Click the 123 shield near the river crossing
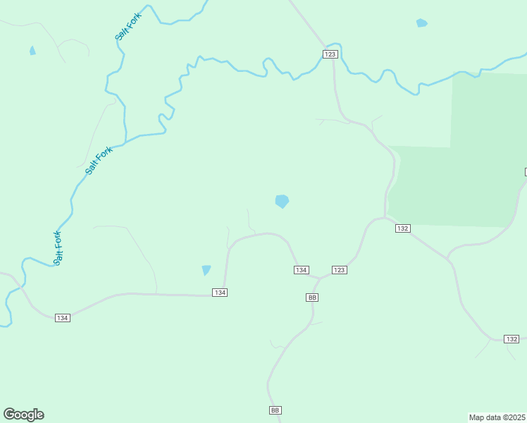[330, 54]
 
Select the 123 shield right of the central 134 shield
[339, 270]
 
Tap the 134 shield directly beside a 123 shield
[301, 270]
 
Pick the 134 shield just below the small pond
[220, 293]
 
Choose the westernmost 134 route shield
[63, 318]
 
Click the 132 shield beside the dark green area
[402, 228]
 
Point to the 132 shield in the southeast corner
[512, 339]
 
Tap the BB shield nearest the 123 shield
[313, 298]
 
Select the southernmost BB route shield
[275, 410]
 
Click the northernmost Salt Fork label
[129, 26]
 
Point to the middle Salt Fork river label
[99, 160]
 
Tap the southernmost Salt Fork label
[58, 247]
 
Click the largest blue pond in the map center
[282, 202]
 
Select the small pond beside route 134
[206, 270]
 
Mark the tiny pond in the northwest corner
[32, 51]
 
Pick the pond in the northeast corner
[421, 23]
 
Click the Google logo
[23, 415]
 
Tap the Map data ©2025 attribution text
[497, 417]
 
